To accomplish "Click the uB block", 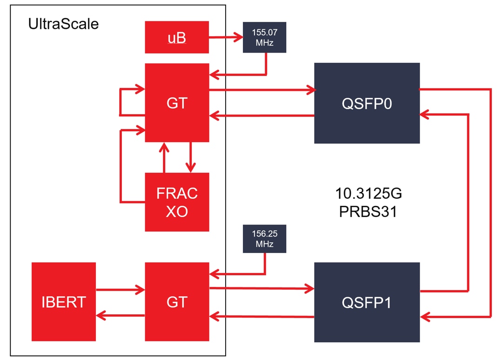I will click(x=177, y=37).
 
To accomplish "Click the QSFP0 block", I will click(x=367, y=103).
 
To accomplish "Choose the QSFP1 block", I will click(x=367, y=302).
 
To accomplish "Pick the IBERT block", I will click(x=63, y=302).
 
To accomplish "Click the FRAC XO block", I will click(x=177, y=202).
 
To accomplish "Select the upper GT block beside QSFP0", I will click(x=177, y=103).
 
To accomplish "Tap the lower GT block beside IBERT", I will click(x=177, y=302).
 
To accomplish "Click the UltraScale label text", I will click(x=63, y=24).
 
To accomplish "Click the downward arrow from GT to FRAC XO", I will click(x=190, y=157).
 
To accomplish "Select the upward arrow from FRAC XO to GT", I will click(x=164, y=157).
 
